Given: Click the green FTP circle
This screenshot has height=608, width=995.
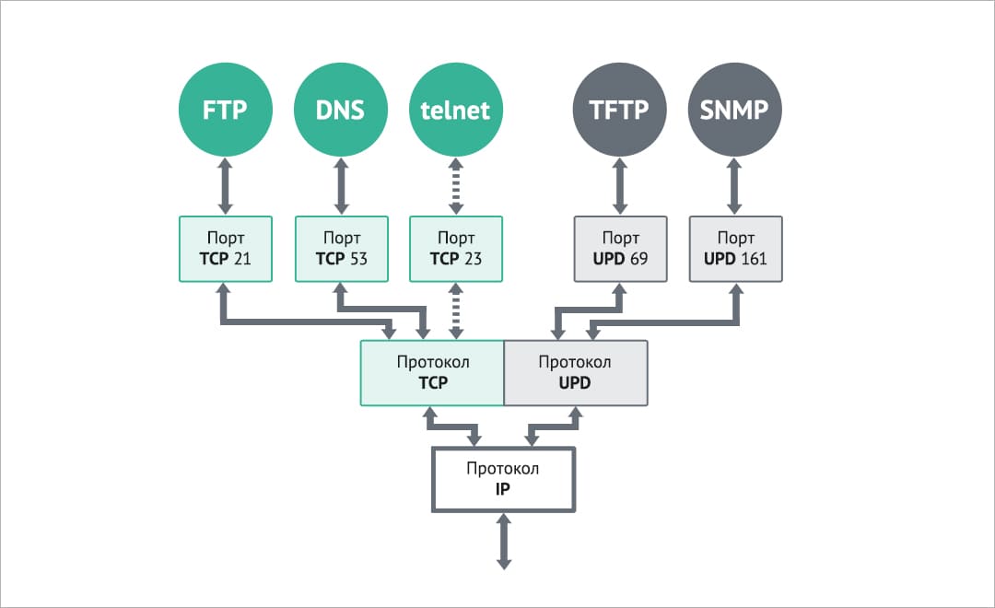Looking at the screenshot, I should point(226,111).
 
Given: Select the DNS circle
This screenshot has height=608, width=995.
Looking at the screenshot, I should point(341,111).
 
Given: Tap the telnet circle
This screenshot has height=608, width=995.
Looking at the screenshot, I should point(455,111).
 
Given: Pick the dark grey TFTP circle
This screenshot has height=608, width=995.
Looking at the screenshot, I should point(619,111).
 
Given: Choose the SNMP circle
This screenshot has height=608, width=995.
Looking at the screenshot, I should point(735,111).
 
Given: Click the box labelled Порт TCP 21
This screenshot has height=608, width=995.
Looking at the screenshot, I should point(226,249).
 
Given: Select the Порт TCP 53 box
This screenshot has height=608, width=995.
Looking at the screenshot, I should point(341,249).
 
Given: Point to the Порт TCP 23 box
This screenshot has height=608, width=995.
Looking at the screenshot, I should point(456,249).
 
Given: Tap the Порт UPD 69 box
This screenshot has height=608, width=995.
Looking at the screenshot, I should point(620,249).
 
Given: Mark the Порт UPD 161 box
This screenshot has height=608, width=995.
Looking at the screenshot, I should point(735,249).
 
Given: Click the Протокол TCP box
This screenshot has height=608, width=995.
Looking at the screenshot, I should point(432,372).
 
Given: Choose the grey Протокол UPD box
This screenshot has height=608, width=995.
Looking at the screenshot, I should point(576,372).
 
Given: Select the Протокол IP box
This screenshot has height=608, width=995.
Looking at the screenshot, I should point(503,479).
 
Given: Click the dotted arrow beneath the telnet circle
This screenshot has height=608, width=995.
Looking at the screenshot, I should point(456,187).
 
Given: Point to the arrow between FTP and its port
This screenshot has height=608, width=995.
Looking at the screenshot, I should point(226,187).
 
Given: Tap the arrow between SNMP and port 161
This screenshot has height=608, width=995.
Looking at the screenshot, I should point(735,187).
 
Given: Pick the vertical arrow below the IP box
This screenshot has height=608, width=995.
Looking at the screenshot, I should point(503,542).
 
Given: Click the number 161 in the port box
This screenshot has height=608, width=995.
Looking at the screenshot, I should point(753,259).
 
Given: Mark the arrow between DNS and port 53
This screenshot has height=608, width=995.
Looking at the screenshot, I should point(341,187).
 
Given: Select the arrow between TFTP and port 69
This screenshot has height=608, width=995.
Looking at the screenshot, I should point(620,187).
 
